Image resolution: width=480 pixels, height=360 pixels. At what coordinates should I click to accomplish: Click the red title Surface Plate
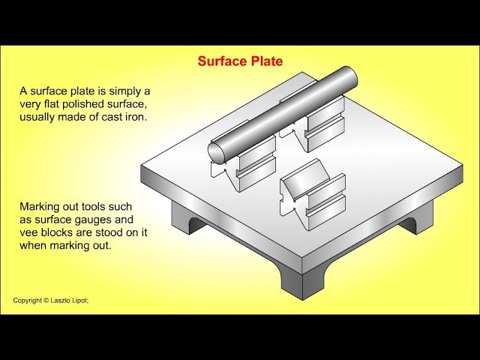pyautogui.click(x=240, y=61)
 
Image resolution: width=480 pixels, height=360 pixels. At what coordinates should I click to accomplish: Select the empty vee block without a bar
pyautogui.click(x=313, y=194)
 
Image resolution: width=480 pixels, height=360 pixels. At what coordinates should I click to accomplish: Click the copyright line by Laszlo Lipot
pyautogui.click(x=51, y=300)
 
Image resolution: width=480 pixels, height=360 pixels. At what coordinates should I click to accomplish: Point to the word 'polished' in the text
pyautogui.click(x=83, y=104)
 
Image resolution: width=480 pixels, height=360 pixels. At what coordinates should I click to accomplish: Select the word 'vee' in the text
pyautogui.click(x=28, y=232)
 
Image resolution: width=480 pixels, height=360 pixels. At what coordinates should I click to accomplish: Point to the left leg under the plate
pyautogui.click(x=186, y=218)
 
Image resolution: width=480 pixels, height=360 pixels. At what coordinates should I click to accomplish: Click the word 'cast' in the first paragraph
pyautogui.click(x=112, y=117)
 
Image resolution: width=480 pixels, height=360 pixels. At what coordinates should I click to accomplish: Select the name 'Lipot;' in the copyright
pyautogui.click(x=80, y=300)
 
